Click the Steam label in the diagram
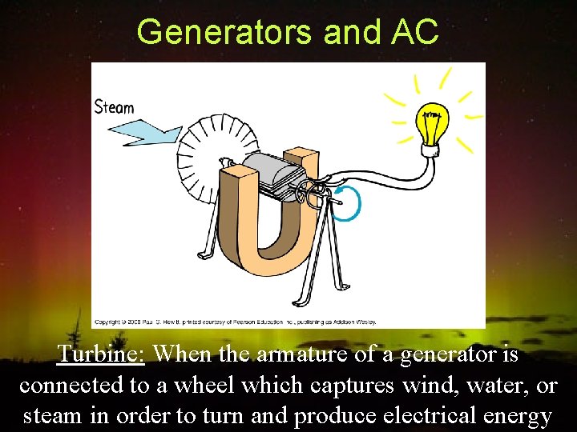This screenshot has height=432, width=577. (115, 107)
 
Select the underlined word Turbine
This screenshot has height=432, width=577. (101, 353)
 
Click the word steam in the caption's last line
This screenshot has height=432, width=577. (54, 417)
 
